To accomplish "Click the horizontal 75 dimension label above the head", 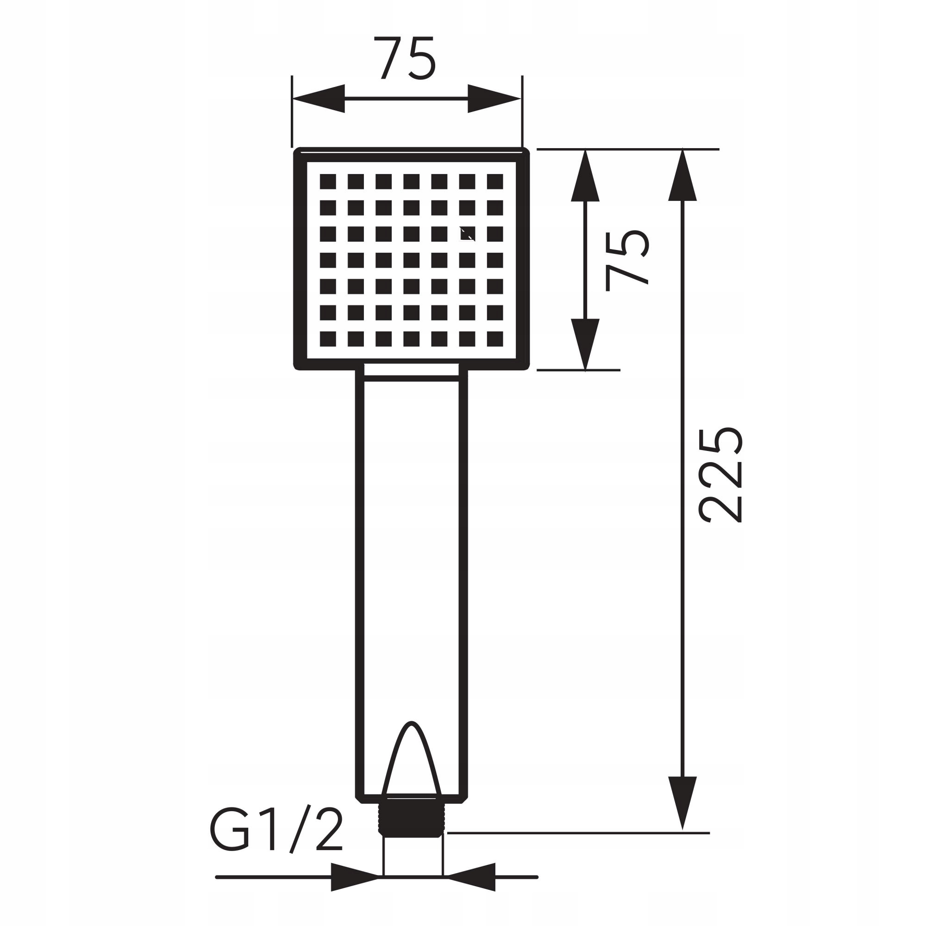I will click(405, 58).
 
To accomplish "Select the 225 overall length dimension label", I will click(721, 475).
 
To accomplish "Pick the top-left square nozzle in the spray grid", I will click(328, 181).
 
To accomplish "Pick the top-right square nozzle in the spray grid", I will click(494, 181).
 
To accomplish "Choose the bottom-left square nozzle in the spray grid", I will click(328, 339).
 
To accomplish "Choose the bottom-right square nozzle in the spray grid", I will click(494, 339).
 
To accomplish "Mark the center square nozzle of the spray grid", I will click(411, 260).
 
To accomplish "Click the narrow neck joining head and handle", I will click(411, 369).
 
